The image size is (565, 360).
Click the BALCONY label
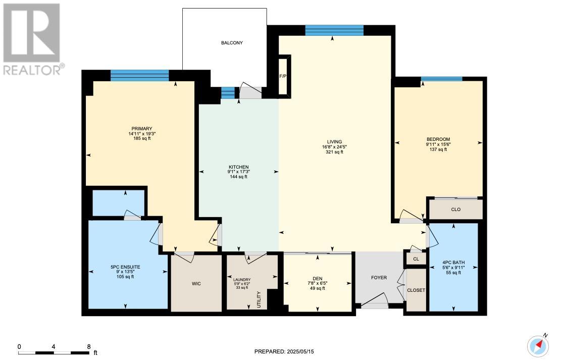click(x=232, y=43)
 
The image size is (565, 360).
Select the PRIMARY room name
click(x=141, y=129)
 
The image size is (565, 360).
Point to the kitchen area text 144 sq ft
click(x=238, y=177)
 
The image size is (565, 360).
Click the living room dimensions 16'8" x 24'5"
click(x=334, y=147)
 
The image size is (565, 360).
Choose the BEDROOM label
click(x=438, y=139)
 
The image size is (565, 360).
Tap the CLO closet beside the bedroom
click(x=456, y=210)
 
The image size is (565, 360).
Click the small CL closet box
click(x=416, y=259)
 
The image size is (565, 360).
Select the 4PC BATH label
click(x=453, y=263)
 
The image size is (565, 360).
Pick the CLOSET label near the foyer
click(x=416, y=290)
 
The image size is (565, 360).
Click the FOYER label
click(x=379, y=278)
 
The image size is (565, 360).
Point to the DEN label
click(x=318, y=279)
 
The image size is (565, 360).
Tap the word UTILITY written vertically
click(x=259, y=299)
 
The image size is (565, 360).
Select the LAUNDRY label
click(x=242, y=280)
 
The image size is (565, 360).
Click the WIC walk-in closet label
click(x=196, y=284)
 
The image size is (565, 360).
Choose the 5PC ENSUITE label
click(x=125, y=267)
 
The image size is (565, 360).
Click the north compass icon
click(x=538, y=345)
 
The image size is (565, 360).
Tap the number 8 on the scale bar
click(x=89, y=347)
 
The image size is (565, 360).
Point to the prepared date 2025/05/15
click(x=300, y=351)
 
